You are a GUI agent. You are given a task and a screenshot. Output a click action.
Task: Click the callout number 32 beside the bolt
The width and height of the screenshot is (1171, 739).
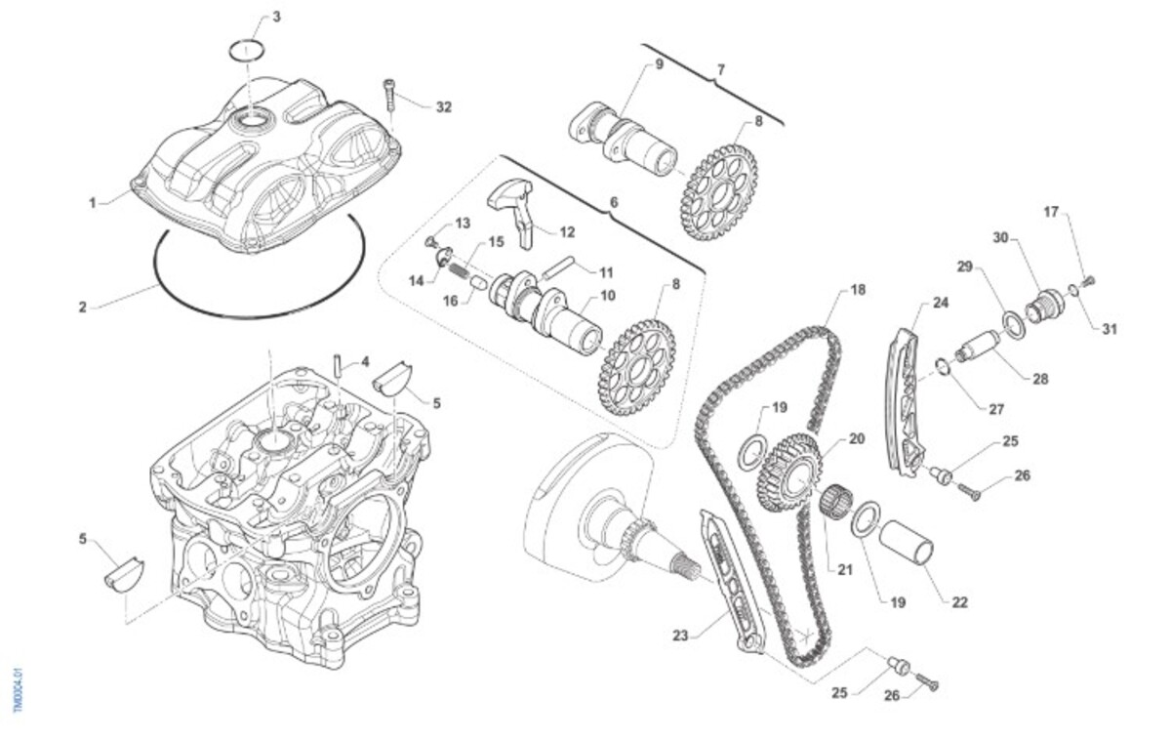[444, 107]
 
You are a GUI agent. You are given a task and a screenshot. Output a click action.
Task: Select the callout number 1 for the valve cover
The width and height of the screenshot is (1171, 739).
[93, 203]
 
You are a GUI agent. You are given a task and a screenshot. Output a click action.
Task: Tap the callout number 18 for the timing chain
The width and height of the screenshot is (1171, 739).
[858, 290]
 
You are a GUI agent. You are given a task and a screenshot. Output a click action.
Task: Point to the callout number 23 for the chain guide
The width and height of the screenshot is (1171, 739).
[680, 636]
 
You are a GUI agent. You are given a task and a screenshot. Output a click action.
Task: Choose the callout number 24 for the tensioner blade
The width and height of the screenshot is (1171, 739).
[941, 303]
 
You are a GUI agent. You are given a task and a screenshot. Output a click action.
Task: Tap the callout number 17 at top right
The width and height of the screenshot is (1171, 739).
[1051, 212]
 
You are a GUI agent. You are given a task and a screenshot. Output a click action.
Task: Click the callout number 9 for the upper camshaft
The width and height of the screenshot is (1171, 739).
[659, 65]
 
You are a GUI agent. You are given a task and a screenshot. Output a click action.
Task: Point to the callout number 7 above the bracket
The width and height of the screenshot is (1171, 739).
[721, 70]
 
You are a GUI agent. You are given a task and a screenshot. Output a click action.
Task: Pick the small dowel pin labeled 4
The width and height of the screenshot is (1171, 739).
[337, 364]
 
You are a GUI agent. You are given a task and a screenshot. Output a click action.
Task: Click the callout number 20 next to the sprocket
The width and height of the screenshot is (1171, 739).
[856, 439]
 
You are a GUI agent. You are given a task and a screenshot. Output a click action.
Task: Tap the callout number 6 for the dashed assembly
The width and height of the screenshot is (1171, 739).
[614, 202]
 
